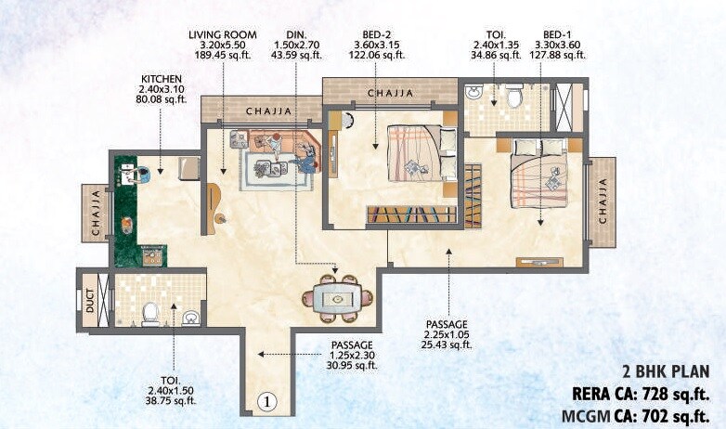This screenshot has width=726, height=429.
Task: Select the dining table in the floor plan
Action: tap(336, 299)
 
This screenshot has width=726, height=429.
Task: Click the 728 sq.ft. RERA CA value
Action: tap(665, 392)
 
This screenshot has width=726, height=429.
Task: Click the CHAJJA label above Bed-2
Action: tap(391, 94)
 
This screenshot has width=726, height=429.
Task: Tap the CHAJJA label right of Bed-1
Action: tap(603, 202)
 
